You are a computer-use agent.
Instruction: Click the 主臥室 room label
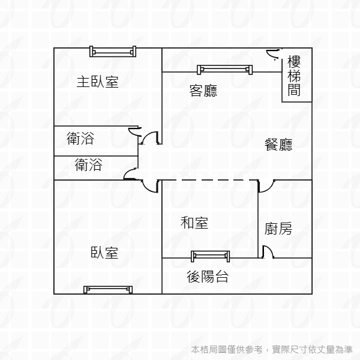pyautogui.click(x=97, y=82)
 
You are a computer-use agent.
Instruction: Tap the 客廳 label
pyautogui.click(x=203, y=91)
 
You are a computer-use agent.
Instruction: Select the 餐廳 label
pyautogui.click(x=278, y=145)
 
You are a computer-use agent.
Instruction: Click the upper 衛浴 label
pyautogui.click(x=80, y=139)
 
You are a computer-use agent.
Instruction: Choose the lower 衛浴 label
pyautogui.click(x=88, y=164)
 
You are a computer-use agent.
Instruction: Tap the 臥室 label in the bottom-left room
pyautogui.click(x=104, y=253)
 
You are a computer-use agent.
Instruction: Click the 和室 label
pyautogui.click(x=194, y=223)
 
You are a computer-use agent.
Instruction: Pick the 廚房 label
pyautogui.click(x=278, y=229)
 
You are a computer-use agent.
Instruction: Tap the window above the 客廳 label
pyautogui.click(x=224, y=69)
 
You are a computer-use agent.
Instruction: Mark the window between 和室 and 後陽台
pyautogui.click(x=210, y=257)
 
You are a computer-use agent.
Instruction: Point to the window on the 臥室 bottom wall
pyautogui.click(x=109, y=290)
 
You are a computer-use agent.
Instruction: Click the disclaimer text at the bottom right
pyautogui.click(x=272, y=349)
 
